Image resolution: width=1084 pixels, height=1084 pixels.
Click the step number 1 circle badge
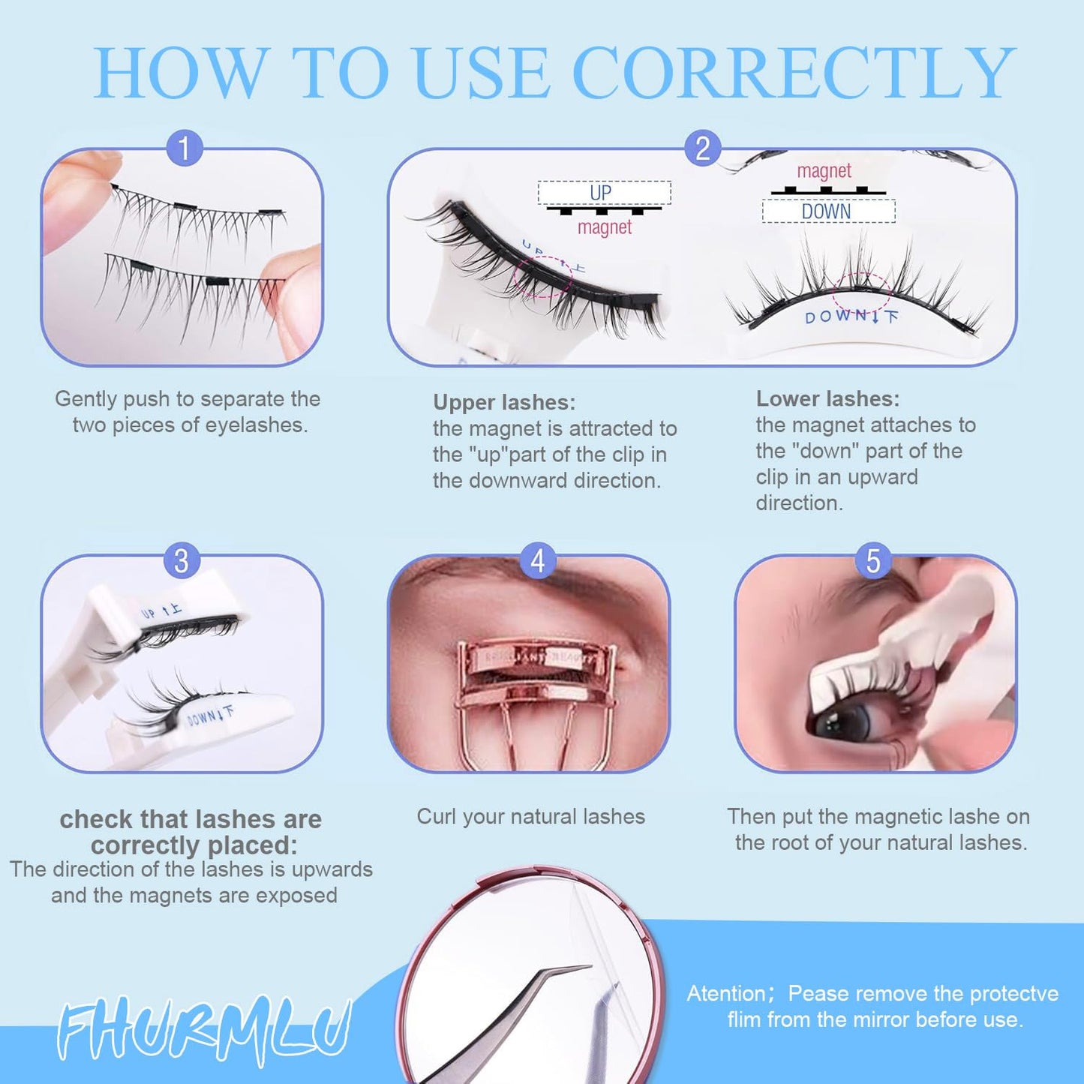184,148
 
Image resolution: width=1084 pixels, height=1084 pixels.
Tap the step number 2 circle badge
702,148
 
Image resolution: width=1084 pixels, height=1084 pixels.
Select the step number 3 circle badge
182,560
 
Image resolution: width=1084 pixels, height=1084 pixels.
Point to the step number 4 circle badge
537,560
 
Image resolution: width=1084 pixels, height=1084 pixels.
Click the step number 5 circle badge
873,560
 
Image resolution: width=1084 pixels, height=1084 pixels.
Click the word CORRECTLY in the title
793,73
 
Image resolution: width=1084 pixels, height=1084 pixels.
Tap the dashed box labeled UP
604,193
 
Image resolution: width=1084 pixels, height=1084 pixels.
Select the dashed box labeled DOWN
828,212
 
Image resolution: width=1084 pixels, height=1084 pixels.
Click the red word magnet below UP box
605,227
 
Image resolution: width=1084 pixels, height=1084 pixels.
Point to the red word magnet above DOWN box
824,171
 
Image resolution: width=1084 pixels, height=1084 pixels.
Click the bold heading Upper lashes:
504,403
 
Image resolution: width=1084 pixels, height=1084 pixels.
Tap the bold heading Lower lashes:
827,398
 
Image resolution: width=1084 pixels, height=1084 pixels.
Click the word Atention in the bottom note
725,993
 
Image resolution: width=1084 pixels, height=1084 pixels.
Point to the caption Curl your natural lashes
530,816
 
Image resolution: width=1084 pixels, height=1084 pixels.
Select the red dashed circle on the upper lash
543,276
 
